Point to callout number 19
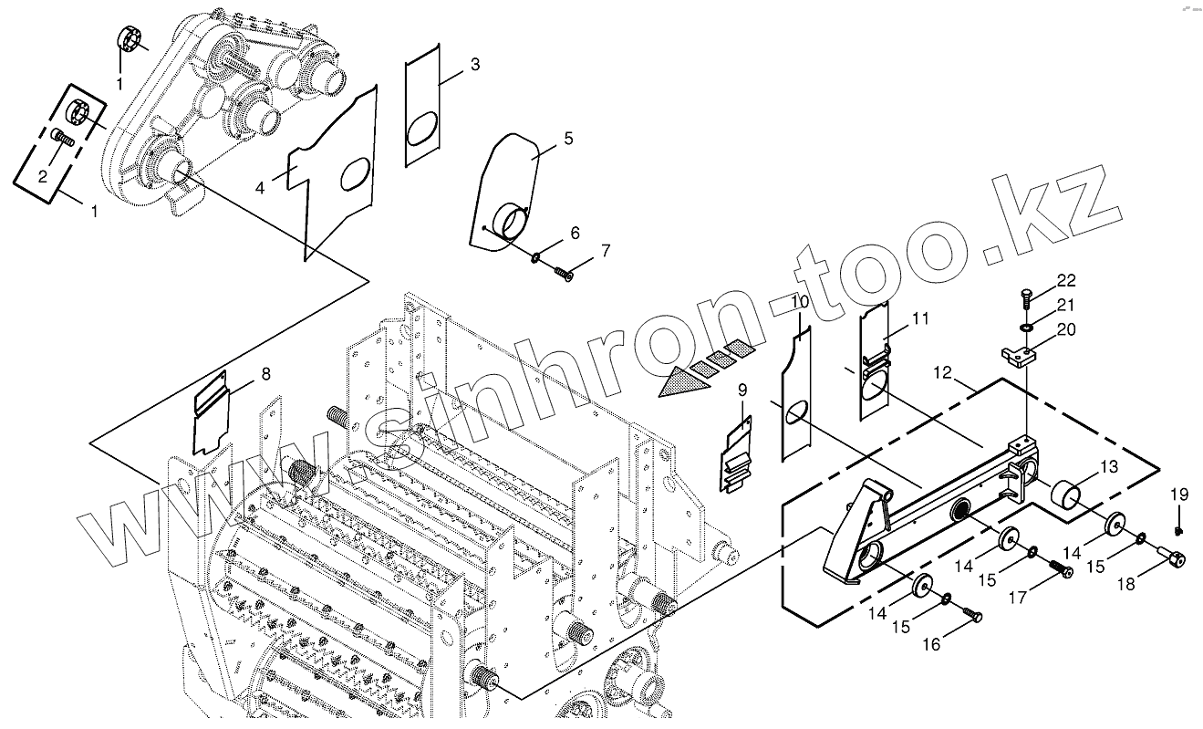(1179, 495)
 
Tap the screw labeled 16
(972, 618)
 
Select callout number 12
(941, 373)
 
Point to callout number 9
(742, 390)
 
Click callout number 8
(265, 373)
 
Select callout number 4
(260, 188)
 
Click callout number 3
(475, 65)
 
